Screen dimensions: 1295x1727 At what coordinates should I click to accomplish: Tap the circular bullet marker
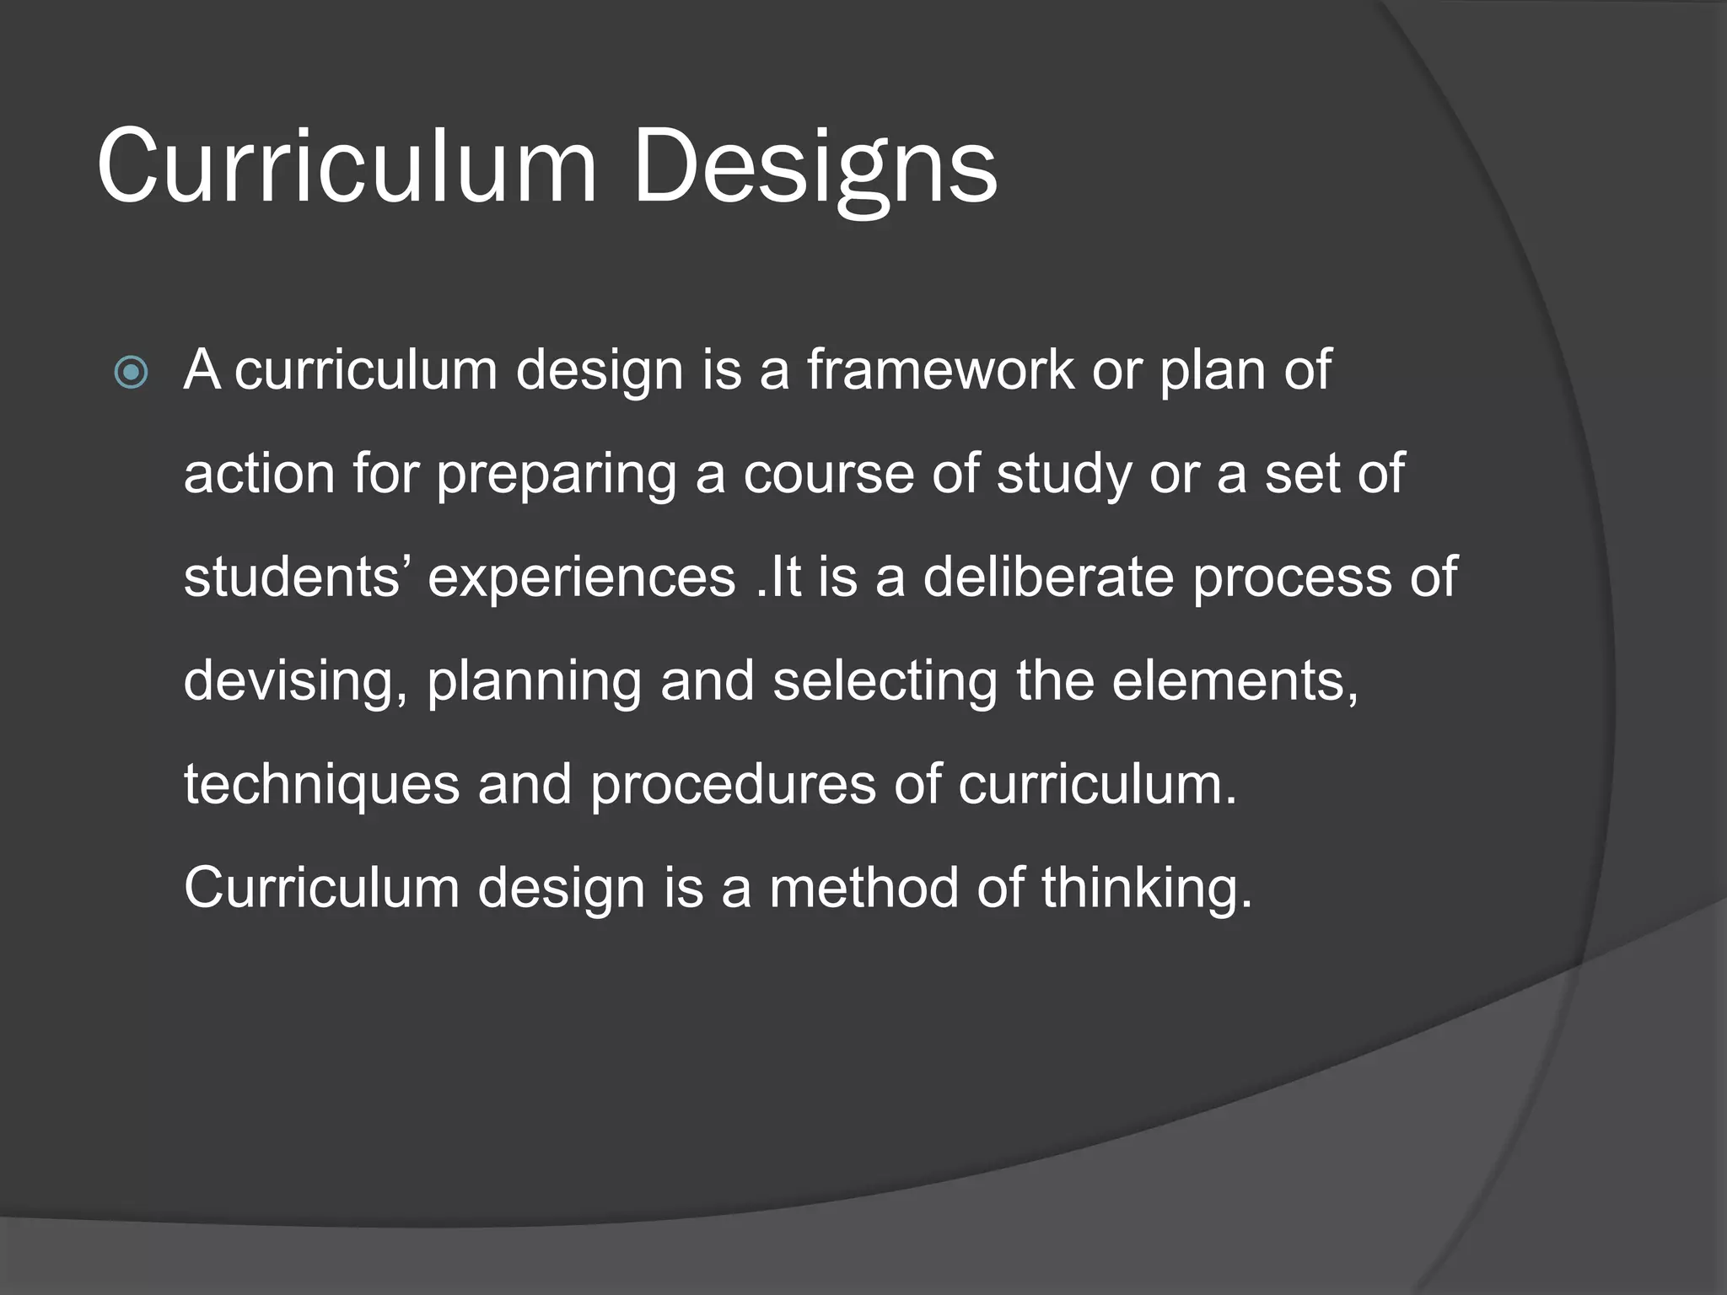(x=132, y=372)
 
